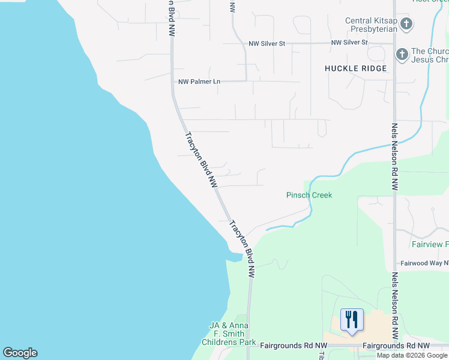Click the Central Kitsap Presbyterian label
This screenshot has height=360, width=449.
[x=370, y=25]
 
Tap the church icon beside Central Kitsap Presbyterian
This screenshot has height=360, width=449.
[x=406, y=25]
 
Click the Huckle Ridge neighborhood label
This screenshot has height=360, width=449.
[x=355, y=68]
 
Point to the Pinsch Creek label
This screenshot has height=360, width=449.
[x=309, y=195]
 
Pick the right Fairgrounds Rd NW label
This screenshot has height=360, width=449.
[x=396, y=346]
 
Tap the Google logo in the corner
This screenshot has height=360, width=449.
[x=20, y=353]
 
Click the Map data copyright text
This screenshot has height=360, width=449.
[x=412, y=355]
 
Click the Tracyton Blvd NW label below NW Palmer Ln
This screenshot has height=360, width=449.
[x=201, y=160]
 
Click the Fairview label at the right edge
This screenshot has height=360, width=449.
[x=430, y=244]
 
